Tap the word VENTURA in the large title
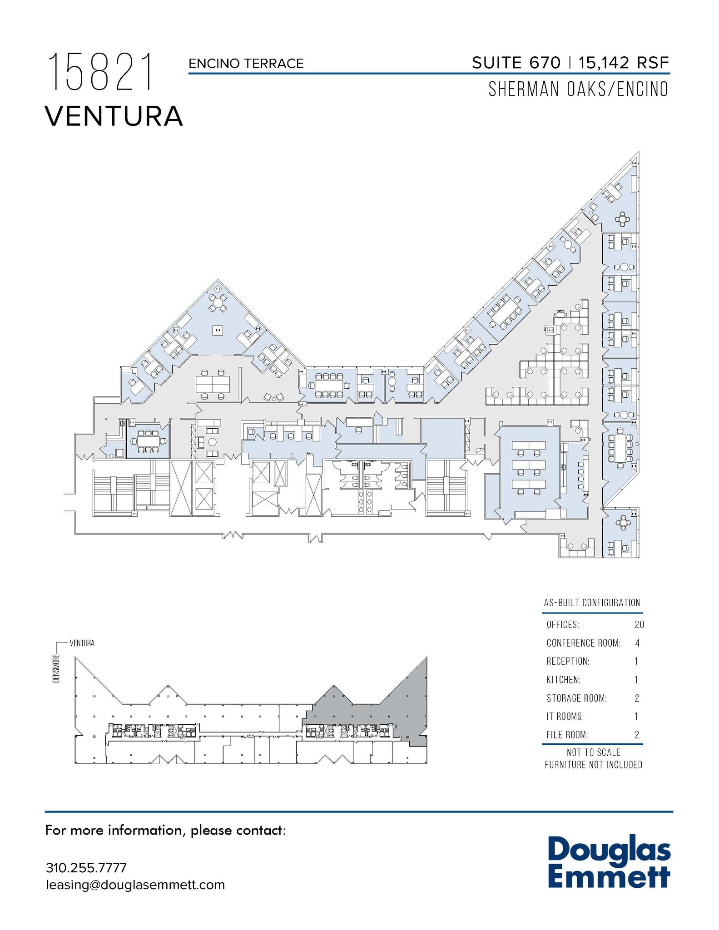tap(114, 116)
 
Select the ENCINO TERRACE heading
tap(246, 64)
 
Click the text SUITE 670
tap(516, 63)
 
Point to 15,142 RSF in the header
tap(624, 63)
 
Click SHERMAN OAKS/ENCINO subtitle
tap(578, 89)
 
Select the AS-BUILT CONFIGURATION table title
tap(592, 603)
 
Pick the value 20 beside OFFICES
tap(639, 624)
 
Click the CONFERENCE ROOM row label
tap(583, 643)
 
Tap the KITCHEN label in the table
tap(563, 680)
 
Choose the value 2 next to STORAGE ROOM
tap(637, 698)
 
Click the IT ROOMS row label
tap(565, 717)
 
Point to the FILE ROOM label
tap(567, 735)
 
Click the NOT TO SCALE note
tap(593, 752)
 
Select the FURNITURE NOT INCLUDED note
tap(593, 765)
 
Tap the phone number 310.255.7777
tap(86, 868)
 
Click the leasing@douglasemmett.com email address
tap(135, 885)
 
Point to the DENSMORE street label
tap(56, 668)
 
